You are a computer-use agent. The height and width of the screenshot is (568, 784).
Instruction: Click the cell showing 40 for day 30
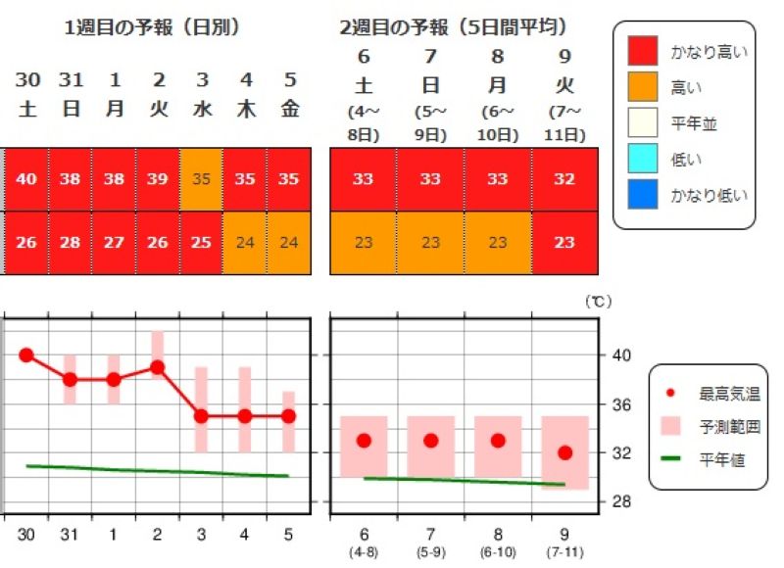coord(26,179)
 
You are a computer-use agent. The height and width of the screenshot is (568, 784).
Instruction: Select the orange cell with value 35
coord(201,179)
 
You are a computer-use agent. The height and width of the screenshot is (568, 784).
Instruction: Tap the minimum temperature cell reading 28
coord(71,242)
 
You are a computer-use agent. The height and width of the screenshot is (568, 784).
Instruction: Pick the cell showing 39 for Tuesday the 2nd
coord(158,179)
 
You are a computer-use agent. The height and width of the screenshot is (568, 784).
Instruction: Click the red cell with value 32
coord(564,179)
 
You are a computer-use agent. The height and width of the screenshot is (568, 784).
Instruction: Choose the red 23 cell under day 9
coord(564,242)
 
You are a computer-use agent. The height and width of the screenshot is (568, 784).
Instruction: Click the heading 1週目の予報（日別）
coord(152,27)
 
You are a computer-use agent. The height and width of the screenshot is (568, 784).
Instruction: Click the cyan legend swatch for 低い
coord(642,158)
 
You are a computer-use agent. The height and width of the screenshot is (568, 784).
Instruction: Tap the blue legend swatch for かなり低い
coord(642,194)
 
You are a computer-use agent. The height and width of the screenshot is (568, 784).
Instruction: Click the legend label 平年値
coord(721,458)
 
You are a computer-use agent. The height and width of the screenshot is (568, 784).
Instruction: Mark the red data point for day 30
coord(26,355)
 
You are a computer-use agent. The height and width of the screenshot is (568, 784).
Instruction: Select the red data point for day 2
coord(157,367)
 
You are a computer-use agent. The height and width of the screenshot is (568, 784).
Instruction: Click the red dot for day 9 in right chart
coord(564,452)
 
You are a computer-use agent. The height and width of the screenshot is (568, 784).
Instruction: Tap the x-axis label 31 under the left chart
coord(70,534)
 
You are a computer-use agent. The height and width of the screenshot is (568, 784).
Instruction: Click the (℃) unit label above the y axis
coord(598,303)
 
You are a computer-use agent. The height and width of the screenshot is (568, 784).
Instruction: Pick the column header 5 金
coord(289,94)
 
